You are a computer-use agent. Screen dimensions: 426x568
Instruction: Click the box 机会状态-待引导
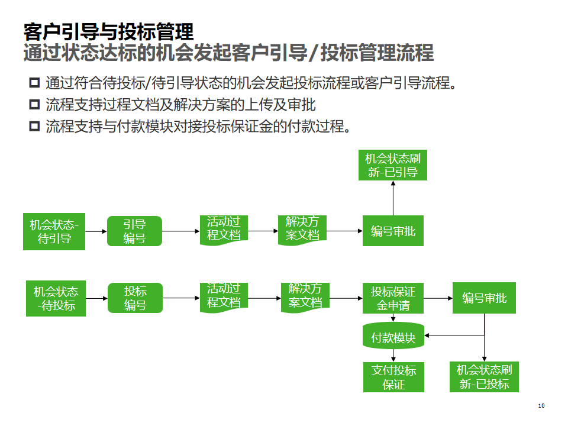tap(54, 231)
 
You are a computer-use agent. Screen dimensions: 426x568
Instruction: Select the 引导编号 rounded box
tap(134, 231)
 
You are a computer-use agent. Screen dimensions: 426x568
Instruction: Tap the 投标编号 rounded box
tap(135, 298)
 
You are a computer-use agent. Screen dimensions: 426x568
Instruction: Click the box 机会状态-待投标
tap(56, 298)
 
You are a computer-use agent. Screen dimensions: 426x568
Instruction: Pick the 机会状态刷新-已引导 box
tap(393, 165)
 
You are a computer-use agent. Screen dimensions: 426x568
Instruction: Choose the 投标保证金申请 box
tap(393, 298)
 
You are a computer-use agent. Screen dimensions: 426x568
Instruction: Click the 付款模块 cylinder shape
tap(393, 337)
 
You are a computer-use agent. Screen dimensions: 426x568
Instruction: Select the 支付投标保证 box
tap(393, 377)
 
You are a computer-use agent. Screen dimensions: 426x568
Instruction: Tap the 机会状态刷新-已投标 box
tap(484, 377)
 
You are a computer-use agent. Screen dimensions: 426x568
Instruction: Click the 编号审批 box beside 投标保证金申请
tap(484, 298)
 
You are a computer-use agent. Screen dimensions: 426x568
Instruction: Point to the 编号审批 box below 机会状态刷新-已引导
tap(393, 231)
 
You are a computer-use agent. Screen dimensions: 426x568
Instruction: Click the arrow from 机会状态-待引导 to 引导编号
tap(96, 231)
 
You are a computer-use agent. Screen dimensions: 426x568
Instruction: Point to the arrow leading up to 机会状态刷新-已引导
tap(393, 198)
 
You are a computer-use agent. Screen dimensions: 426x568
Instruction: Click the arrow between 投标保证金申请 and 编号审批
tap(438, 298)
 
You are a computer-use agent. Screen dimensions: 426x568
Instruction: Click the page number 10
tap(541, 405)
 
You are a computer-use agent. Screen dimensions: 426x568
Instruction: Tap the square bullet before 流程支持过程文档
tap(34, 105)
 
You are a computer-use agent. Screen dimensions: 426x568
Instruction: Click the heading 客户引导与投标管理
tap(108, 31)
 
